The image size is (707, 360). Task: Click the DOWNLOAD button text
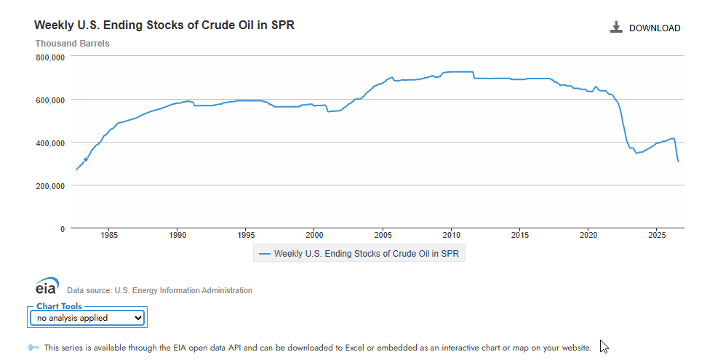654,28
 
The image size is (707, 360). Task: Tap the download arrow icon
616,27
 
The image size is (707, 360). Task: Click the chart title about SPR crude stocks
164,25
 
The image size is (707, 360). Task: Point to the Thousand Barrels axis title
72,43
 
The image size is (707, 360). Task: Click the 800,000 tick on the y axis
50,57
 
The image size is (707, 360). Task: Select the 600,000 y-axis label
50,100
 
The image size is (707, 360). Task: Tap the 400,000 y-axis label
50,143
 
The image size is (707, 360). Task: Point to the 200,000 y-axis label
50,185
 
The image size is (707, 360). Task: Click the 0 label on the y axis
63,229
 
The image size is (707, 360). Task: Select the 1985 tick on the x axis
109,235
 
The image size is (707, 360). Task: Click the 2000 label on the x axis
314,235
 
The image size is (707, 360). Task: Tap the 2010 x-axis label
452,235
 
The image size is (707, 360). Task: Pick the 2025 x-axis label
657,235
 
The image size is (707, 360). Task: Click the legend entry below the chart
359,254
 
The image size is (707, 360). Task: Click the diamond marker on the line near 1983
86,159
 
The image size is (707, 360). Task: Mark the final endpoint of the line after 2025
679,161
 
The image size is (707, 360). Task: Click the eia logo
47,286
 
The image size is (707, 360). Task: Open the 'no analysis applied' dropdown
87,318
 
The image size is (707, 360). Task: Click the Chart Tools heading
59,306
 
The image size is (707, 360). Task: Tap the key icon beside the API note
33,348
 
